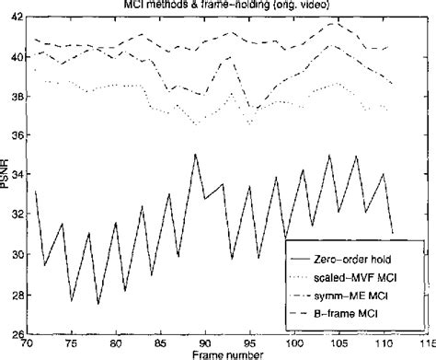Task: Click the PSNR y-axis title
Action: point(7,175)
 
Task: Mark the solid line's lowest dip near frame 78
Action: point(98,304)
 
